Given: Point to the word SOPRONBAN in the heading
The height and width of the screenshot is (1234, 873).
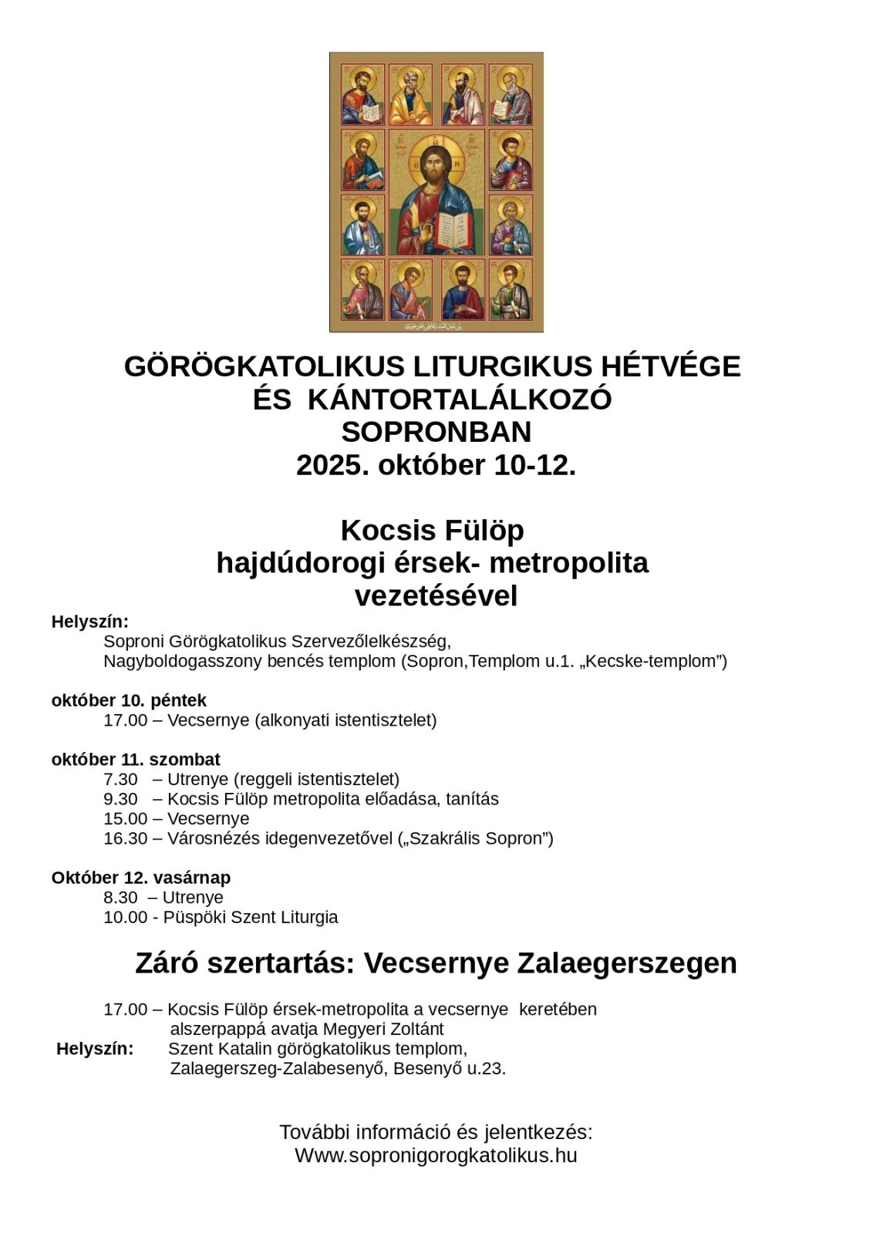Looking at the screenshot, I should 436,432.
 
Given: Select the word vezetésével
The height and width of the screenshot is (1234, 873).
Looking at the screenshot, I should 436,596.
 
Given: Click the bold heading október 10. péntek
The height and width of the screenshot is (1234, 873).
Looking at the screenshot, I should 129,700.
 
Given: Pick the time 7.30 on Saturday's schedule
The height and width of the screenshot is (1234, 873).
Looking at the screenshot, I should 120,779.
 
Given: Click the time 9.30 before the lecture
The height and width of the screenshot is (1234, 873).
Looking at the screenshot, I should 120,799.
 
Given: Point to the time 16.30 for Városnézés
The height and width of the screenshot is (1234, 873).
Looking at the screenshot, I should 125,838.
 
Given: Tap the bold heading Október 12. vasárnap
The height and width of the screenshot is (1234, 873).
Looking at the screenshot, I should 141,878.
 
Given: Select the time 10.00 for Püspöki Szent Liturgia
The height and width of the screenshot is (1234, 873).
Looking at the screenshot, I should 125,917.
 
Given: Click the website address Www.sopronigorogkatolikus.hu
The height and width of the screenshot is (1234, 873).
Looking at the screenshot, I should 436,1155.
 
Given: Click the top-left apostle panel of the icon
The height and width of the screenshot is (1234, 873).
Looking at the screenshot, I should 362,96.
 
